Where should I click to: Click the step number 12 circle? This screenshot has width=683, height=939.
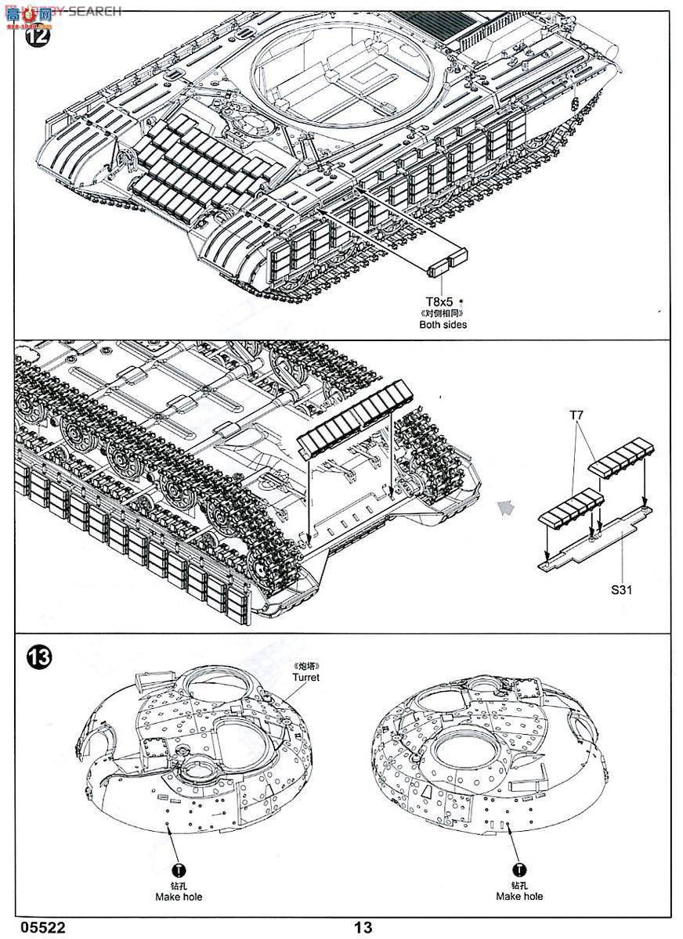(37, 35)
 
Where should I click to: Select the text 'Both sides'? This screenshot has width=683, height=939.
(442, 324)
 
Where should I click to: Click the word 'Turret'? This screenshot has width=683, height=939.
(305, 678)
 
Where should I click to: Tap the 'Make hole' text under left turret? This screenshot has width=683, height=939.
(178, 896)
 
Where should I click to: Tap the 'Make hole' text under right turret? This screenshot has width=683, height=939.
(519, 896)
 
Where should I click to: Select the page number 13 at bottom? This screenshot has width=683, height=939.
(363, 927)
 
